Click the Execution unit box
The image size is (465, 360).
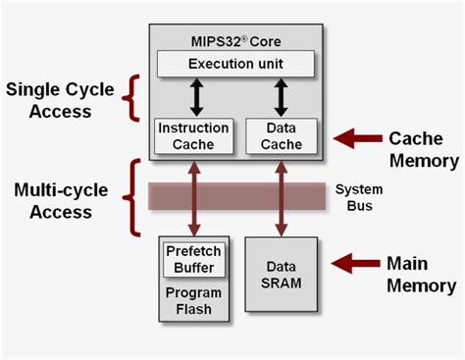[x=235, y=65]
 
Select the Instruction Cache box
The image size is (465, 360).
[x=193, y=135]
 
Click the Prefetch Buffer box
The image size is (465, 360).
[x=193, y=259]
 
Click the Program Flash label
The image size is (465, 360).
[x=193, y=301]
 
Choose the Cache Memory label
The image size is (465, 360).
[x=423, y=149]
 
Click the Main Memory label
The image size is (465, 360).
[x=420, y=274]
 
